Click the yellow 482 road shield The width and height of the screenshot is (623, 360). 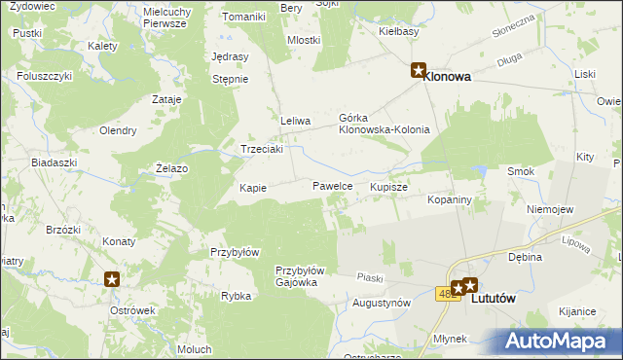(447, 293)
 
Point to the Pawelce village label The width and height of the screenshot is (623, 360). (332, 186)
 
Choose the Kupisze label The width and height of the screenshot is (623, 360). (388, 186)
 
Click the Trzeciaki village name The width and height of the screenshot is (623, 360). (262, 149)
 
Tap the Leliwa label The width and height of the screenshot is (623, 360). (295, 121)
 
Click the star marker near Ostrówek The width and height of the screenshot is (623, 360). (112, 278)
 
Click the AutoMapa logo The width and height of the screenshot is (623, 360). (562, 341)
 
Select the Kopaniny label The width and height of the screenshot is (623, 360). (450, 199)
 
